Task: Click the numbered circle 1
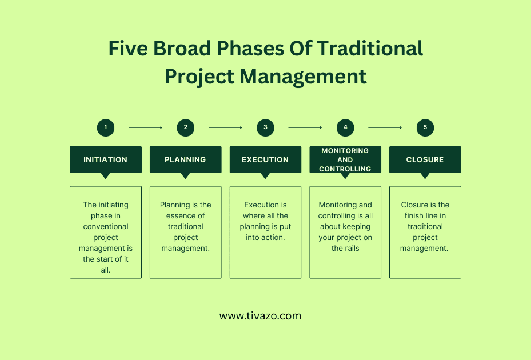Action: [106, 127]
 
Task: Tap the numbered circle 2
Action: [185, 127]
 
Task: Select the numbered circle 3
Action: [265, 127]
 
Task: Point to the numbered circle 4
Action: [345, 127]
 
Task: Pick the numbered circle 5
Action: [425, 127]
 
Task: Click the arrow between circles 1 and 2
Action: [145, 127]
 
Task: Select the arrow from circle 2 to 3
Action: [225, 127]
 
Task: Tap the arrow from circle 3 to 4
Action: [305, 127]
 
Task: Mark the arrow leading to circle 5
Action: [385, 127]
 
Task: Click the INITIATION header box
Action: [106, 159]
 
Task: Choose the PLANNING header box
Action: [185, 159]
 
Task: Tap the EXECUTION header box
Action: [265, 159]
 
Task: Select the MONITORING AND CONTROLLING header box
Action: [345, 159]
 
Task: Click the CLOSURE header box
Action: [425, 159]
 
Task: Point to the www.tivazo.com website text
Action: [260, 316]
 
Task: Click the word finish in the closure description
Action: [412, 216]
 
